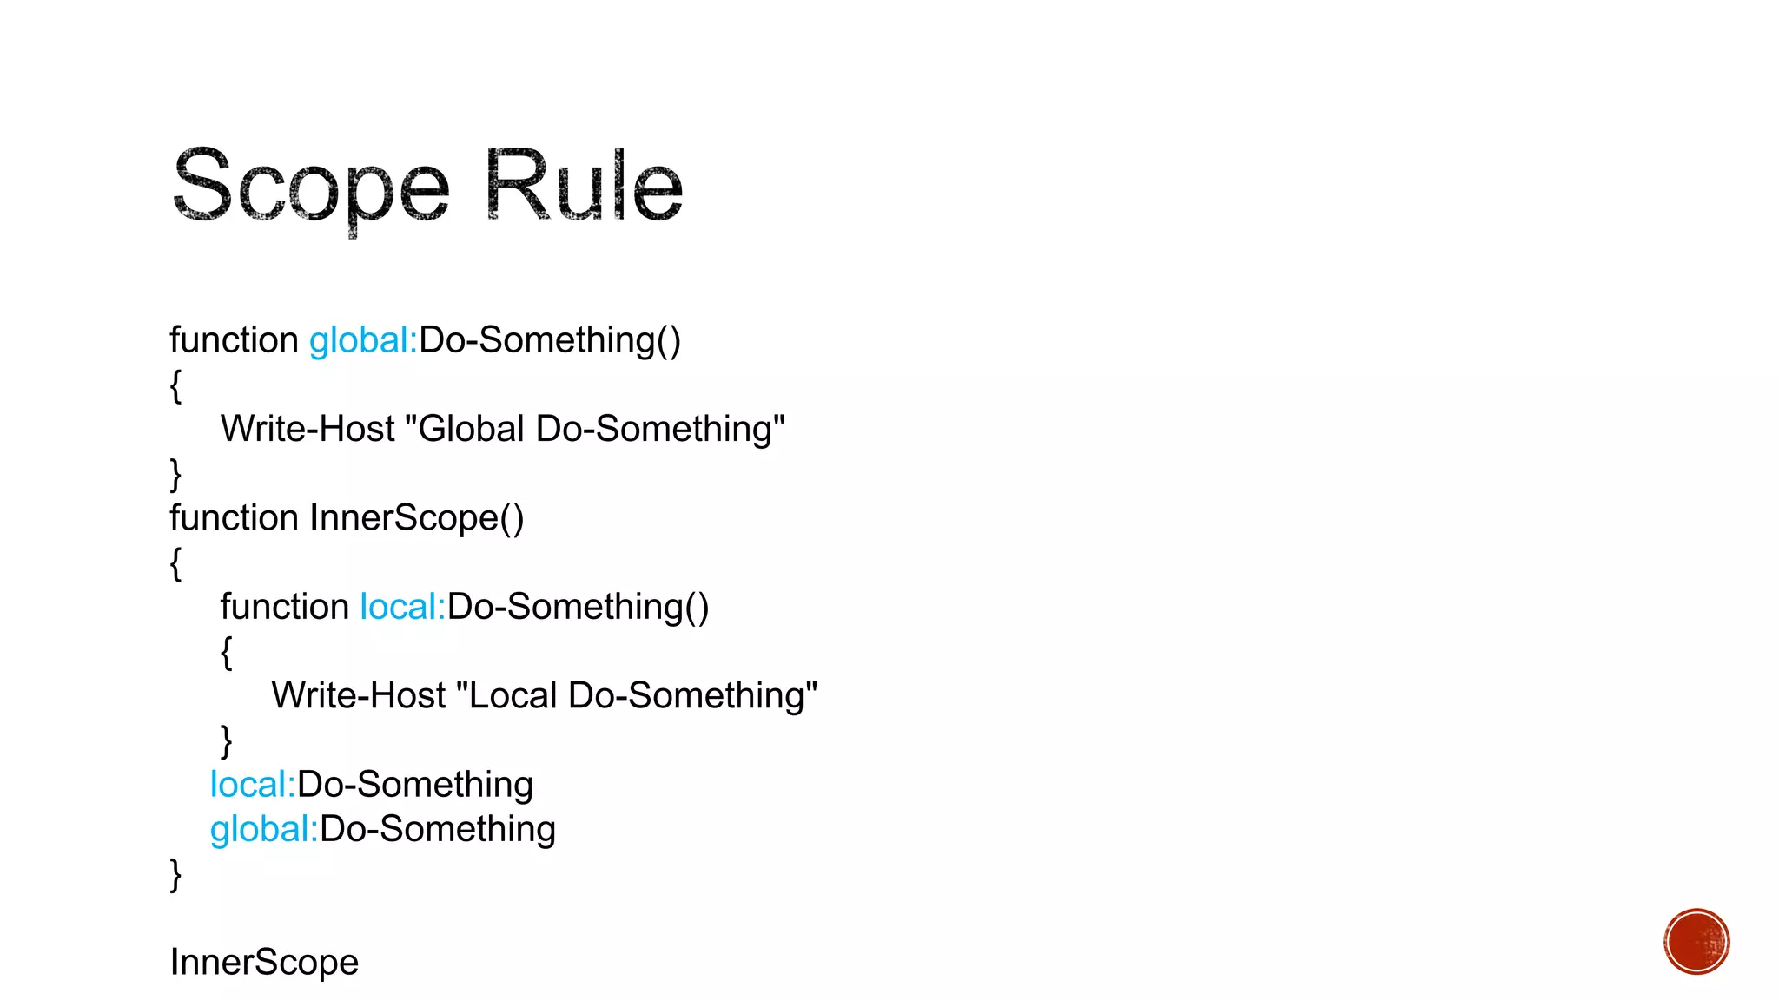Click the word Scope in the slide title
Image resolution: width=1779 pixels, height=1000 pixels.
(311, 187)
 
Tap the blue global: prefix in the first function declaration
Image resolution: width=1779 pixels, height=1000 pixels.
(363, 340)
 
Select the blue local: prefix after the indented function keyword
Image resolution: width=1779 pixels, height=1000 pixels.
(402, 607)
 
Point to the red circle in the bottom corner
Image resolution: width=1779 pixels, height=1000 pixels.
(1696, 942)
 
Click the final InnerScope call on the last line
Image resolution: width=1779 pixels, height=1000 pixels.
(264, 963)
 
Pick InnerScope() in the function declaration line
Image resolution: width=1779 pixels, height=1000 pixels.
(417, 518)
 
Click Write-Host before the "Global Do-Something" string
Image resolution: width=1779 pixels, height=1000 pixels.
(308, 430)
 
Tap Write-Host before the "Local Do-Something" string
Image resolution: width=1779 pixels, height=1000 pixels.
(358, 696)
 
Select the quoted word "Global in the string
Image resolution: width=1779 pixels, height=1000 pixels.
(465, 430)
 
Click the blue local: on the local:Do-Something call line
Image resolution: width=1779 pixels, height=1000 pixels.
(253, 785)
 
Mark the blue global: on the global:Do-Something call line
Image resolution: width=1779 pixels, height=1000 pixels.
(264, 830)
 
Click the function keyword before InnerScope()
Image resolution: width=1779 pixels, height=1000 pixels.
(234, 518)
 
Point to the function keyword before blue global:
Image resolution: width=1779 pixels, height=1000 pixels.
(234, 340)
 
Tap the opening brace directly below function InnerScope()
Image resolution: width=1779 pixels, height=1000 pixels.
(175, 563)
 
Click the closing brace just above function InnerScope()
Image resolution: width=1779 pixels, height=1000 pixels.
(175, 475)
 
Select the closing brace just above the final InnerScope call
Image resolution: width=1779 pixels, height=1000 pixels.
(175, 874)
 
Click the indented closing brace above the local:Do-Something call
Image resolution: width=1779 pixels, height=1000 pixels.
(226, 741)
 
